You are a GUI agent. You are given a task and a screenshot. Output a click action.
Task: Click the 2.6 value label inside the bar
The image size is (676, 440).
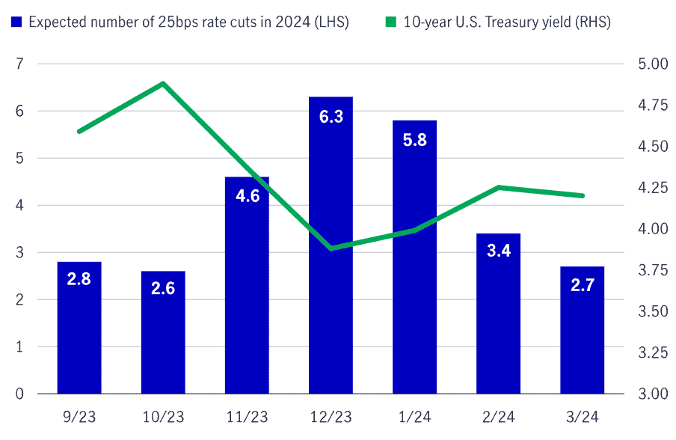[x=162, y=288]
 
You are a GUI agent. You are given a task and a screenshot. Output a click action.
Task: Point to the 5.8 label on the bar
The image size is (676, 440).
[x=414, y=139]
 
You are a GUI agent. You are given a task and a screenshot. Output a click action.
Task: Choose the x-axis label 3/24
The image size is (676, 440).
[x=583, y=417]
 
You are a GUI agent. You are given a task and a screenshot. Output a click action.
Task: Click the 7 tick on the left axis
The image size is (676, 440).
[x=20, y=64]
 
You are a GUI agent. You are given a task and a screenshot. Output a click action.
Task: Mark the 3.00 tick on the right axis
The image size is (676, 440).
[x=648, y=394]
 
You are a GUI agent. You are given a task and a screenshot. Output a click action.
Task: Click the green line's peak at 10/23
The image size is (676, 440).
[x=163, y=83]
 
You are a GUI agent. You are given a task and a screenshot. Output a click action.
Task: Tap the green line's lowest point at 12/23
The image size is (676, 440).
[x=331, y=248]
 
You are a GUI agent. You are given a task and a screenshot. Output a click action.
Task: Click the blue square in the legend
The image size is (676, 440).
[x=16, y=22]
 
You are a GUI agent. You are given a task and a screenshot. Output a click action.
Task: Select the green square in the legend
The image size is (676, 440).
[x=391, y=22]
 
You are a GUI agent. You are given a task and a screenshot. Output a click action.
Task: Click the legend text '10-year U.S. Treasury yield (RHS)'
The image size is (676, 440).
[x=507, y=22]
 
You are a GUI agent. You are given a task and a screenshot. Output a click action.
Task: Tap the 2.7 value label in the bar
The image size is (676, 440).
[x=583, y=284]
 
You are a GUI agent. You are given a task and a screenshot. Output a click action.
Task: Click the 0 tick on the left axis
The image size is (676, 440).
[x=20, y=394]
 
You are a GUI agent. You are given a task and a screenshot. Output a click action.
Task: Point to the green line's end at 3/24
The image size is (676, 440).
[x=583, y=196]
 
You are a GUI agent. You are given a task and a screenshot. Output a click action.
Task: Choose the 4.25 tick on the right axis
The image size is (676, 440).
[x=648, y=187]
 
